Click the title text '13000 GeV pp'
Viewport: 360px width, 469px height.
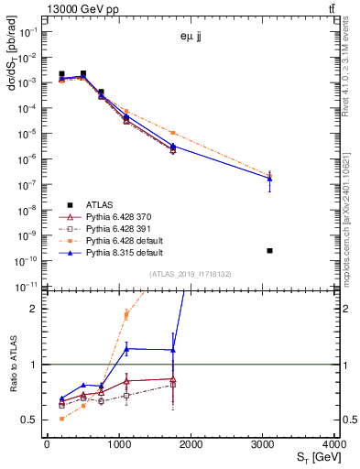tap(77, 8)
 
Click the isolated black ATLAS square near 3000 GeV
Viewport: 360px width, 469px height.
tap(269, 250)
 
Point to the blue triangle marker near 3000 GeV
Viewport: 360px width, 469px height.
tap(269, 179)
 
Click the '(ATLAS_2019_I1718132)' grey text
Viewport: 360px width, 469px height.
tap(191, 274)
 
